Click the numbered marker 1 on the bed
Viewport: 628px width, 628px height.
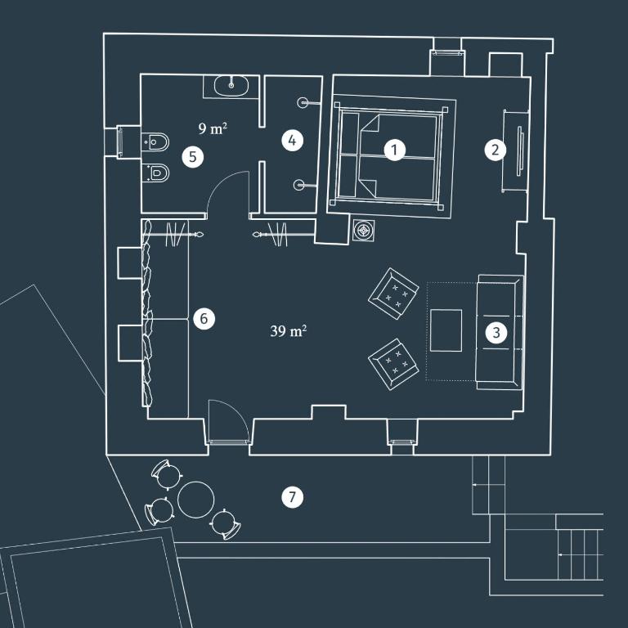(394, 150)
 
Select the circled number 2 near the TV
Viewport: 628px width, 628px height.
(495, 150)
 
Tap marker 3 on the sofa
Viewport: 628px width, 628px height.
(496, 333)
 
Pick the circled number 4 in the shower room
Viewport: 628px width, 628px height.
(292, 141)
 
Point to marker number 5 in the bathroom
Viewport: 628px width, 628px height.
(193, 157)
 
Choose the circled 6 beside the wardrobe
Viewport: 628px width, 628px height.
(204, 319)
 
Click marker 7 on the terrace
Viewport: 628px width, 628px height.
(292, 497)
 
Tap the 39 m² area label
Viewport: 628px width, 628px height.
(289, 331)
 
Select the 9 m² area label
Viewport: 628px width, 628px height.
(213, 128)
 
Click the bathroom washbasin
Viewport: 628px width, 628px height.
(231, 86)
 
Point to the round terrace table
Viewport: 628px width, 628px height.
(196, 500)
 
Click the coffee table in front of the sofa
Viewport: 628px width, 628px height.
(446, 330)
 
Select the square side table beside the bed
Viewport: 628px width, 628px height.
(364, 231)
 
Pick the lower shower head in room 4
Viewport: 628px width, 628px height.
(305, 185)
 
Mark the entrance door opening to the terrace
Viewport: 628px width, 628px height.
(228, 421)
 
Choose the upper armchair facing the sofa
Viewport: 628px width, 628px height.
(393, 294)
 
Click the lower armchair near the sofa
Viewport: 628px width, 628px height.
(393, 364)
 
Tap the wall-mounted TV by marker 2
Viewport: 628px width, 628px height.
(520, 151)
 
